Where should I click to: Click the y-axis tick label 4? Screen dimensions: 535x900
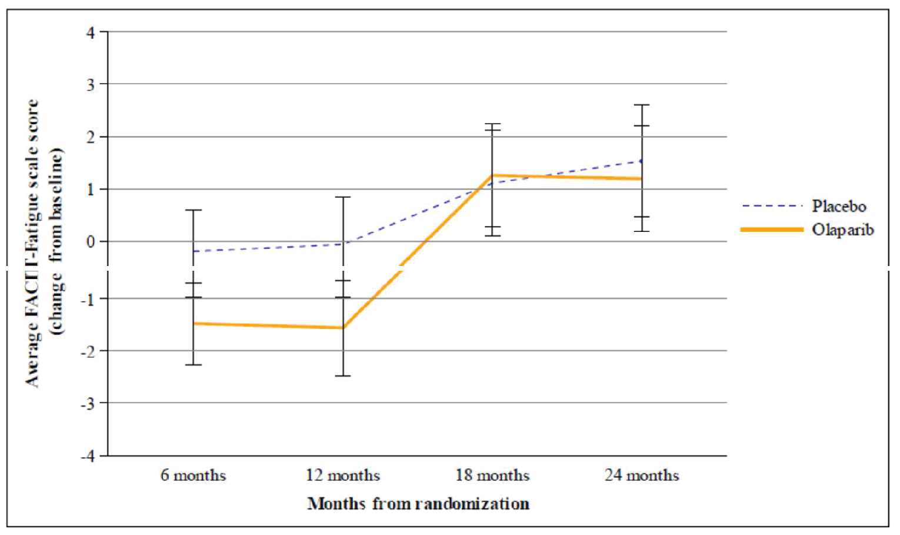pos(90,32)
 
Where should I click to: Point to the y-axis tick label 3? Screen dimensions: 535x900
pos(90,85)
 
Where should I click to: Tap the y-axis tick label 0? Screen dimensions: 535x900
pos(90,242)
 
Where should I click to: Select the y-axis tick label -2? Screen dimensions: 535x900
pos(88,351)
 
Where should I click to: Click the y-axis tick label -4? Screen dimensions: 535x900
pos(88,456)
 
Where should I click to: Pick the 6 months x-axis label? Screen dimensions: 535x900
pos(193,476)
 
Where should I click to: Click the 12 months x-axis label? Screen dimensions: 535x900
pos(342,476)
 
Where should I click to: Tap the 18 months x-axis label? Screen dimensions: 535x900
pos(492,476)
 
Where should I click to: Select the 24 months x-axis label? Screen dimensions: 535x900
pos(642,476)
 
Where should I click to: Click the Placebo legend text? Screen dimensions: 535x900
pos(839,207)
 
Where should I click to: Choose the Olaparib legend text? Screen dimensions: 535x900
pos(842,230)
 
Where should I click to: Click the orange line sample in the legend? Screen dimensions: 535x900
pos(772,230)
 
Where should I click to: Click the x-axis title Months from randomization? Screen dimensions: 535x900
pos(418,504)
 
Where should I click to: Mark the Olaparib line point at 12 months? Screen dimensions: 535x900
pos(344,328)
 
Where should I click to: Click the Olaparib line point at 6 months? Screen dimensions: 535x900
pos(194,323)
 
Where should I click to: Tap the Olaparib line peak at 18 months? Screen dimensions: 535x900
pos(493,175)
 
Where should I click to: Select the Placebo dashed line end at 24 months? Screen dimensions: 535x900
pos(641,161)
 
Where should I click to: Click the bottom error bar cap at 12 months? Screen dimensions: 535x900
pos(344,376)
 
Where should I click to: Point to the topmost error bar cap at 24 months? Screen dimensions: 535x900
pos(642,105)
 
